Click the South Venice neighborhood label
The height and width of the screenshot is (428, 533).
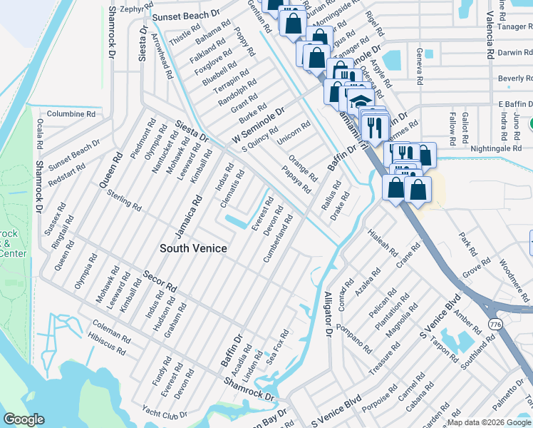pyautogui.click(x=193, y=248)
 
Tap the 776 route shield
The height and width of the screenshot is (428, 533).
pyautogui.click(x=494, y=323)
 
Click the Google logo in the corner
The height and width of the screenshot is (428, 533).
pyautogui.click(x=24, y=419)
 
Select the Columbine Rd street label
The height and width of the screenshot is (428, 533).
pyautogui.click(x=71, y=113)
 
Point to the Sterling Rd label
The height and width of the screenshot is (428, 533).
pyautogui.click(x=124, y=199)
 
